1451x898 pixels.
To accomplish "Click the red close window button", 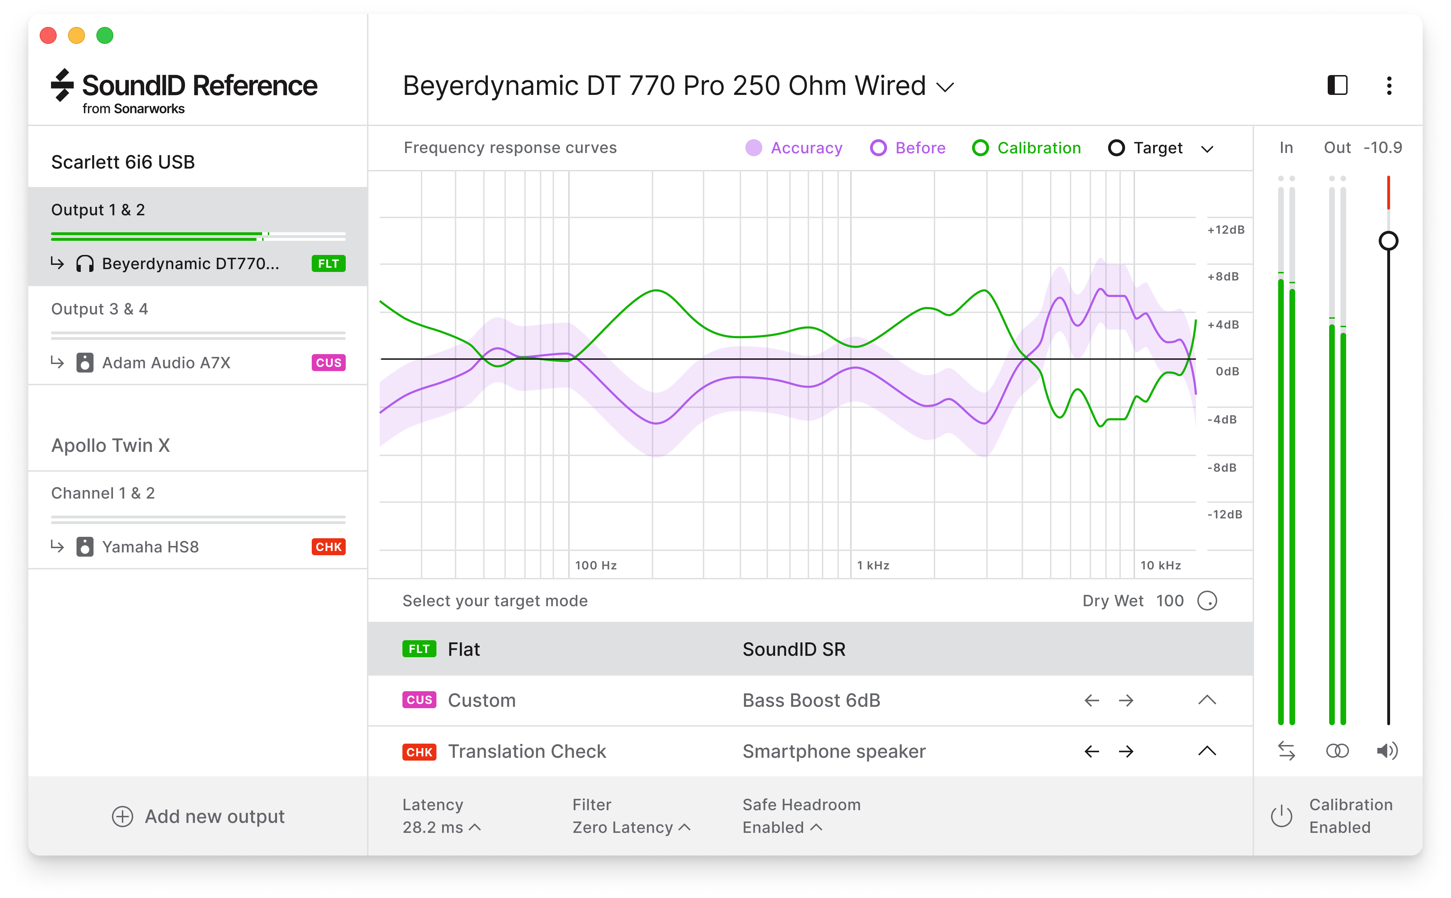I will point(48,36).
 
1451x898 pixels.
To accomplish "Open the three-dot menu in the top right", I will point(1389,86).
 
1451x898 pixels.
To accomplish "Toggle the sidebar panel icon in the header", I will point(1337,86).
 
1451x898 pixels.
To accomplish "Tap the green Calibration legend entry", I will point(1026,148).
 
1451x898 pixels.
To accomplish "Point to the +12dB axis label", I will point(1225,230).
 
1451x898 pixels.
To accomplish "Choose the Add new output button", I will point(198,817).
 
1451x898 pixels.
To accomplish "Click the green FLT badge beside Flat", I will point(419,649).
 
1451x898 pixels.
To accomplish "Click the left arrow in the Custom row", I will point(1091,701).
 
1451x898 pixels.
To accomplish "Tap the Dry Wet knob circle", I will point(1207,601).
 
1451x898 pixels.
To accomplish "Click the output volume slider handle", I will point(1388,241).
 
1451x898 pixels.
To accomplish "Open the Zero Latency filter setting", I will point(631,827).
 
